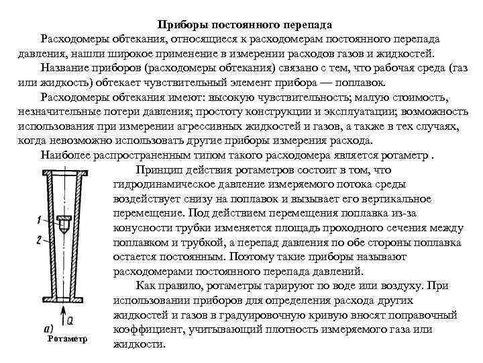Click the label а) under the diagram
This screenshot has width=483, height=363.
pos(48,329)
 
